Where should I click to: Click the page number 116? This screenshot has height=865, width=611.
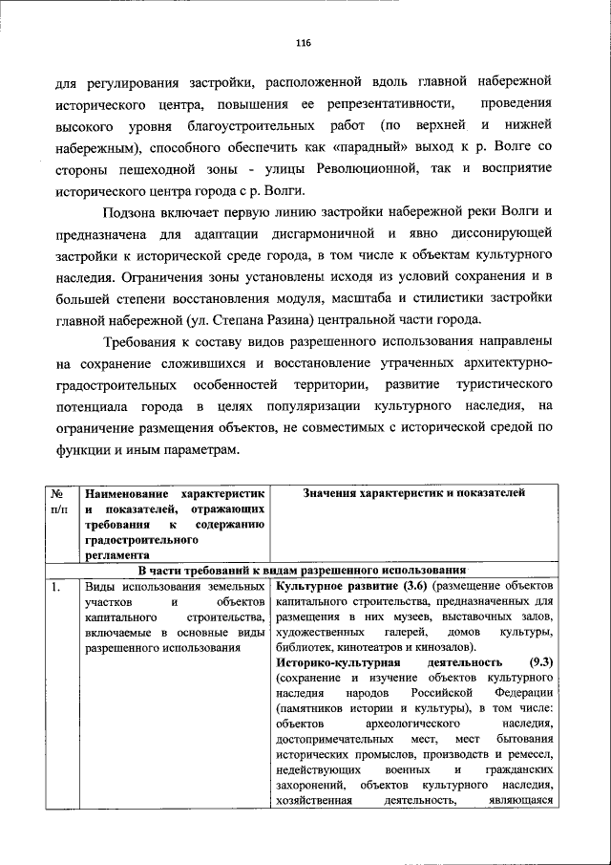tap(304, 43)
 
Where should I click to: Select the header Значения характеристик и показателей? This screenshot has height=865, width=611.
tap(412, 492)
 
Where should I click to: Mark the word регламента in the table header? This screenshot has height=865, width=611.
tap(117, 553)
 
